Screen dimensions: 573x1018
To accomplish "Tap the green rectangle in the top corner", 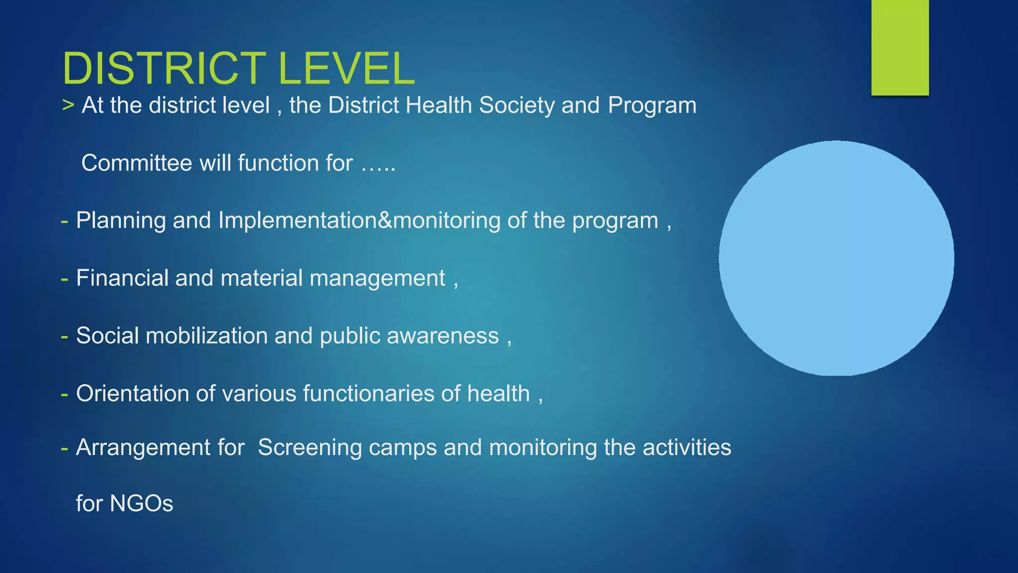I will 900,47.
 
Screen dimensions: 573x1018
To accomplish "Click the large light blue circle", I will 836,258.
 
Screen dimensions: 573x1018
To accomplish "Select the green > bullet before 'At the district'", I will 68,105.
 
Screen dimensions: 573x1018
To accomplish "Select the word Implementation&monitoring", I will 359,220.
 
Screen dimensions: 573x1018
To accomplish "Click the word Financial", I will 122,278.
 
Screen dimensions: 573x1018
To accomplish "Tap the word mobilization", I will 206,336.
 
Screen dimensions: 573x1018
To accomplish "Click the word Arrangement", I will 143,448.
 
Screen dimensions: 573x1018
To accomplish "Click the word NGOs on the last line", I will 141,503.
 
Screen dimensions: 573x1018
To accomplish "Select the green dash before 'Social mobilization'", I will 64,336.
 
